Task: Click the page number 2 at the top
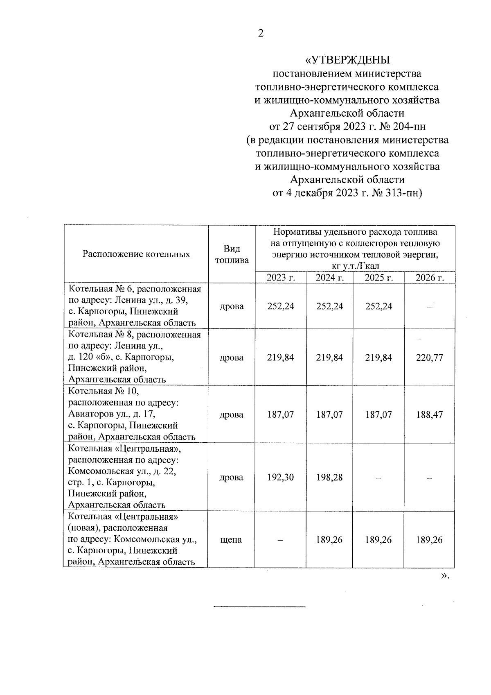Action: pos(260,34)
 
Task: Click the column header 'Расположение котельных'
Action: pos(136,254)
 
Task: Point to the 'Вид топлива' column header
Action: pos(232,254)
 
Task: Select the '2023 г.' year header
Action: pos(281,278)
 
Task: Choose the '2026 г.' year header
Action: pos(430,278)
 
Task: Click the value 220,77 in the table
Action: pos(430,358)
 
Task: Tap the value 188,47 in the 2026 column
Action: pos(430,414)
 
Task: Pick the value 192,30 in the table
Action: pos(281,478)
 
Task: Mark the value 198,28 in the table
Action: pos(330,478)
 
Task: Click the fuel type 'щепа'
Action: pos(232,540)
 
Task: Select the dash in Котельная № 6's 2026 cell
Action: pos(430,307)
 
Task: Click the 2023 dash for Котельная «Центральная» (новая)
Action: pos(281,540)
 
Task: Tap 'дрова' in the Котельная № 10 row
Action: pos(232,414)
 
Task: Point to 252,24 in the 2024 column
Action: pos(330,306)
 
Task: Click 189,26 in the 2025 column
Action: pos(378,540)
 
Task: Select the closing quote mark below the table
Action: pos(445,576)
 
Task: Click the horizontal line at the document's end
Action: pos(260,606)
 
